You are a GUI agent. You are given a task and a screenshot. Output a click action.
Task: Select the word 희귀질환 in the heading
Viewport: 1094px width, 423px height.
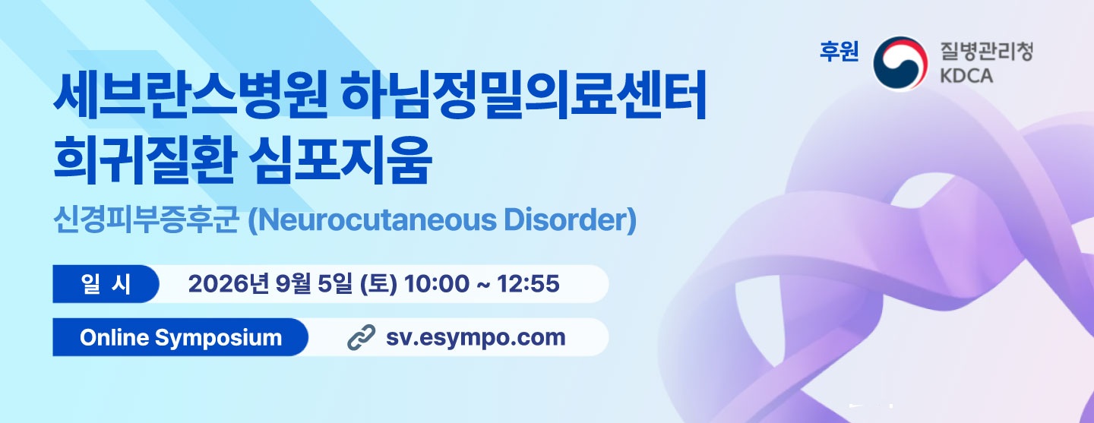(145, 159)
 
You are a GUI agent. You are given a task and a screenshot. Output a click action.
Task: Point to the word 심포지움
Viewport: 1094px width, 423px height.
(340, 159)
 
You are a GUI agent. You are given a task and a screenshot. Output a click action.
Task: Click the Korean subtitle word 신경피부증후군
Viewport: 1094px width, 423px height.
(146, 220)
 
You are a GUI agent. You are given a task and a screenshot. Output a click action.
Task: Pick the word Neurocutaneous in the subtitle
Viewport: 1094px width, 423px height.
(372, 220)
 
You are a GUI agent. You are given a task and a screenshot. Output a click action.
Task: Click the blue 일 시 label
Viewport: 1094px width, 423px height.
(106, 284)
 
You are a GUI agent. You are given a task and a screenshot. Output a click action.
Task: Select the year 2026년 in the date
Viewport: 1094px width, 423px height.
(229, 284)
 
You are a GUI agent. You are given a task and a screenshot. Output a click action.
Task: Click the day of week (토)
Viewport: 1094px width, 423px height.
(378, 284)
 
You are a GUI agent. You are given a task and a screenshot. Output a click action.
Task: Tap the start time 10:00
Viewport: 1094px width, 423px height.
(436, 284)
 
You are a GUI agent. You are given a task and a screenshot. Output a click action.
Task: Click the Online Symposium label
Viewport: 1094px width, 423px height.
(181, 337)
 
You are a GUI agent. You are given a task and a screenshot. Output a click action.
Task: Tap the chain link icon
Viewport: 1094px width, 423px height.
(362, 337)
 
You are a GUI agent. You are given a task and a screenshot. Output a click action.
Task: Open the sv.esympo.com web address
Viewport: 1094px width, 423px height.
(476, 338)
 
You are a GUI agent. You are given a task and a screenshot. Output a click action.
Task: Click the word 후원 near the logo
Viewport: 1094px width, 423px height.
(839, 52)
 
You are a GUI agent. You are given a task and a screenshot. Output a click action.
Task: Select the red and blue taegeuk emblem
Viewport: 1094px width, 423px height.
(900, 64)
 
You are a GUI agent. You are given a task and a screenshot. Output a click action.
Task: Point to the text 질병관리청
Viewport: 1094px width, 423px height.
(987, 52)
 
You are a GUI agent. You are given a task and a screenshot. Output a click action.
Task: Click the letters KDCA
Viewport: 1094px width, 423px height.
(966, 76)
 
